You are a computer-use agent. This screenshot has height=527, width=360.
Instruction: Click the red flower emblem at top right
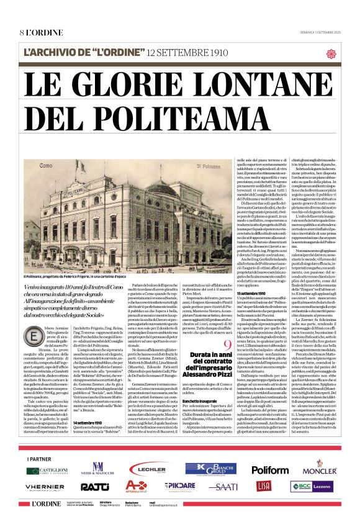330,53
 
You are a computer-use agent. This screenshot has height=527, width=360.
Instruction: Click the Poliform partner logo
269,470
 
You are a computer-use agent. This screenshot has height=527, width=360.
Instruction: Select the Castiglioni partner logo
47,471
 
